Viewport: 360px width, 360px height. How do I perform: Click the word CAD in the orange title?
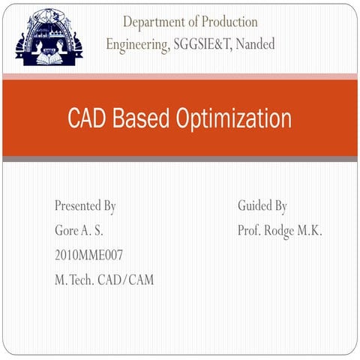click(x=87, y=118)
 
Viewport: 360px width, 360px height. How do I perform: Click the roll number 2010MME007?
click(x=89, y=255)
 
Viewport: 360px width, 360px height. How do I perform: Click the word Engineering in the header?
click(x=136, y=44)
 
